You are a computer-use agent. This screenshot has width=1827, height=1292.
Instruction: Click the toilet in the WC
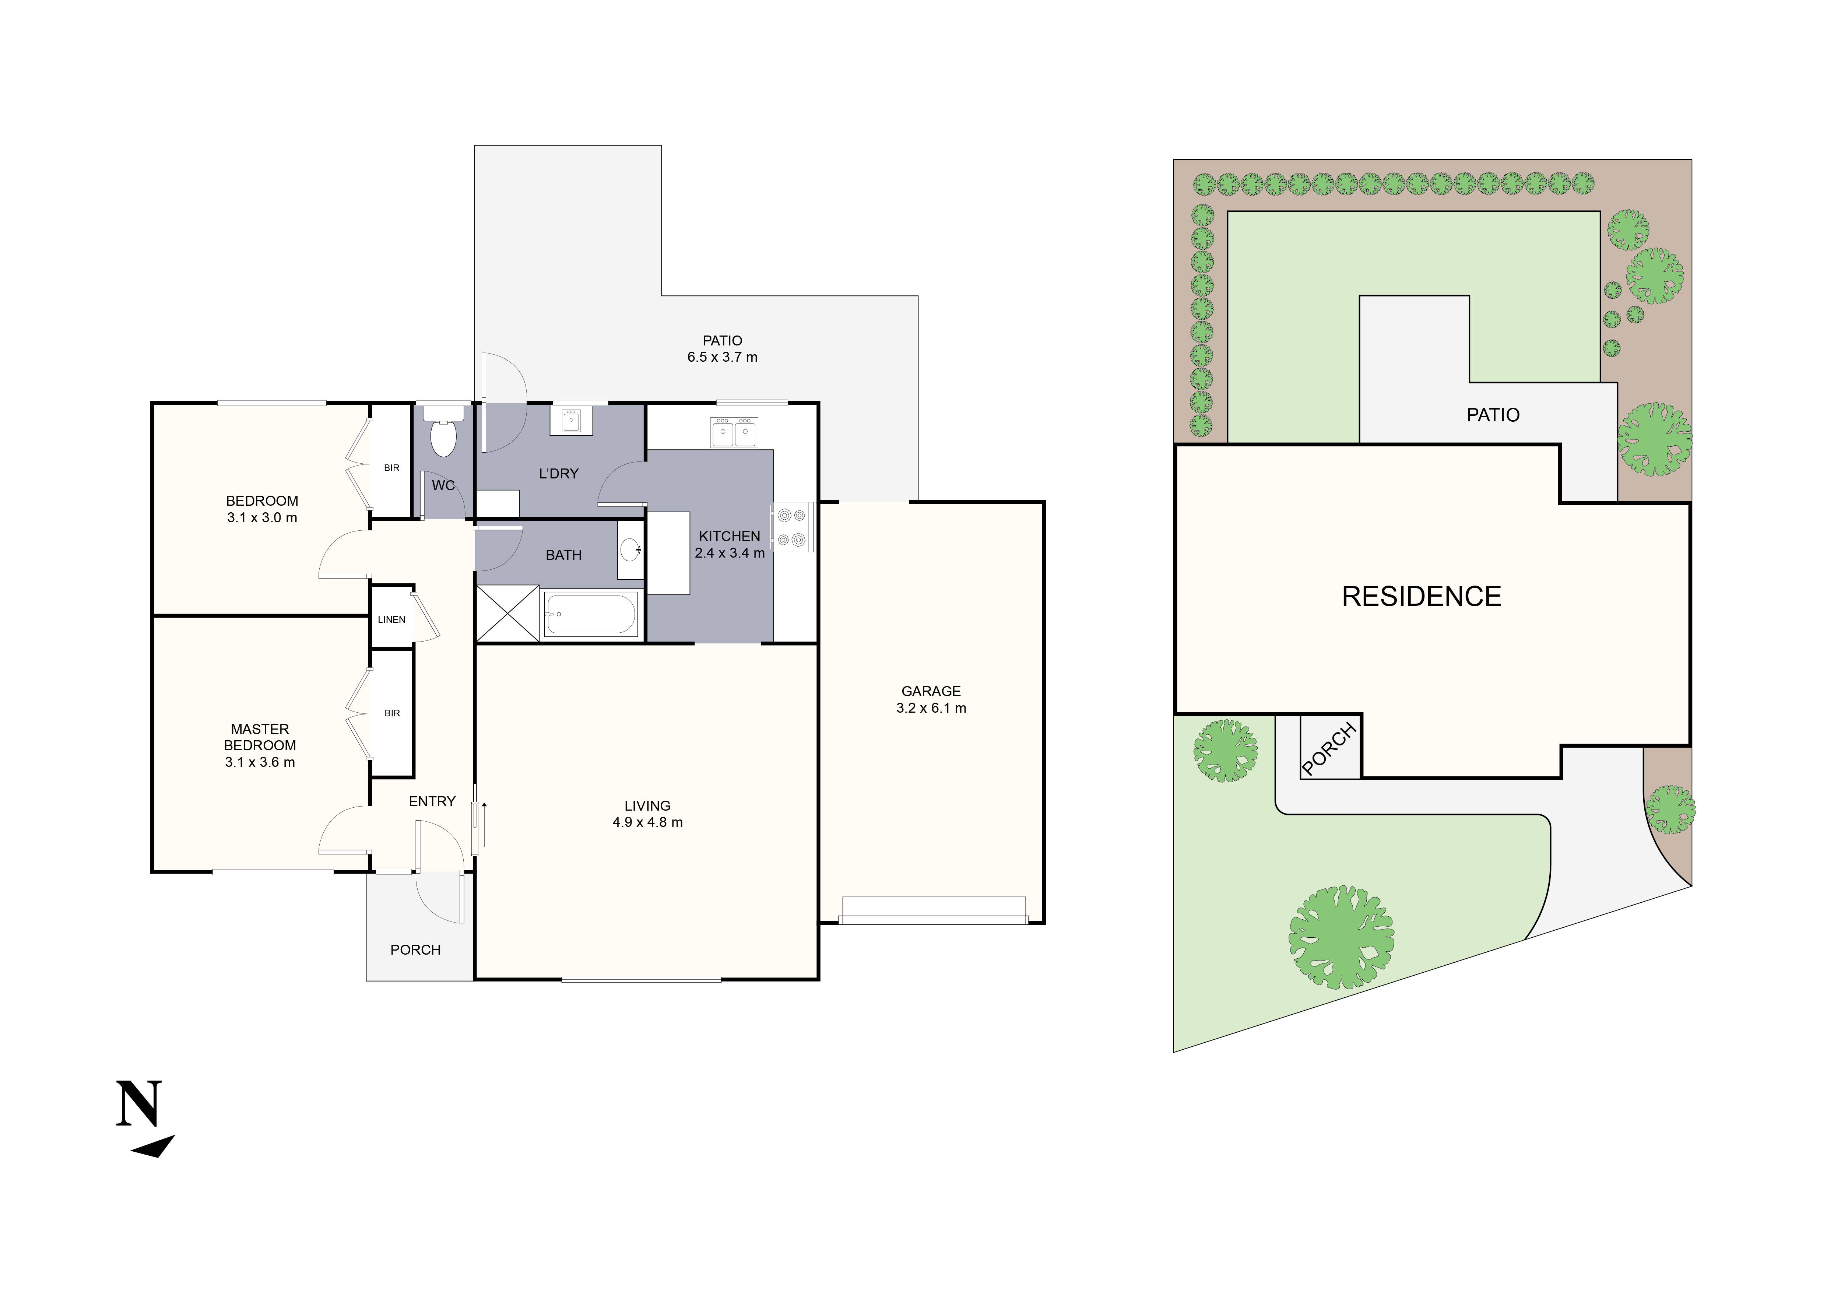(442, 433)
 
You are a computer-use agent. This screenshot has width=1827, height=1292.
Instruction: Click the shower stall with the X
(507, 613)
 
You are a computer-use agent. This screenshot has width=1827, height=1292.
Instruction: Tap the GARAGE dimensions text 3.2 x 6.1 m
(931, 708)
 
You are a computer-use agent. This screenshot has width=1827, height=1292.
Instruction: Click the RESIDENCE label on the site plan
(1421, 597)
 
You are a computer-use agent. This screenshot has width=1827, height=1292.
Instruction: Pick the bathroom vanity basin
(630, 549)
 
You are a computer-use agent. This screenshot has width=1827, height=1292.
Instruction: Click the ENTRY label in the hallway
(432, 801)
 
